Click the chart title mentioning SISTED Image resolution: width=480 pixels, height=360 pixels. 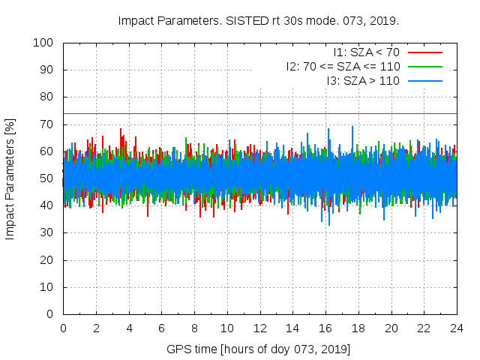[259, 20]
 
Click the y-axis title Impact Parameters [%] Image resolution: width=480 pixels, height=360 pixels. [10, 178]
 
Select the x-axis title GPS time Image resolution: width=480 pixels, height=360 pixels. [259, 349]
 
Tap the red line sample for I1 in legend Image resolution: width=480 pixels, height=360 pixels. [424, 52]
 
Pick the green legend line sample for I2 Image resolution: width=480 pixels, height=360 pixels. [424, 66]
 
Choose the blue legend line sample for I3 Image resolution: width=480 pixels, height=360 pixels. [424, 80]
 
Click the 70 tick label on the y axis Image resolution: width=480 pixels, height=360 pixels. [46, 124]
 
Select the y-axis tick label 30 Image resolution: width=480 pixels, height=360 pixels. [46, 232]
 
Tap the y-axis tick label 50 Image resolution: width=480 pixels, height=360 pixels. [46, 178]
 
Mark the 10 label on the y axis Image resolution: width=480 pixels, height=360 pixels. [46, 286]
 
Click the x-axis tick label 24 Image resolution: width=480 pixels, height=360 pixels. [457, 328]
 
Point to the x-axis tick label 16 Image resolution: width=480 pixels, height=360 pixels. [325, 328]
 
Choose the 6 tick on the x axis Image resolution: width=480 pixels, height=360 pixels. [161, 328]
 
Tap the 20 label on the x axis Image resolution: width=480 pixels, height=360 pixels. [391, 328]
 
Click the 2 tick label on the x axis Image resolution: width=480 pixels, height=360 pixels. [96, 328]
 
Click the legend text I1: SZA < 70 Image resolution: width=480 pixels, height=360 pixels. [367, 52]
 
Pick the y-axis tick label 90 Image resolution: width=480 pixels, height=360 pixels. [46, 70]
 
